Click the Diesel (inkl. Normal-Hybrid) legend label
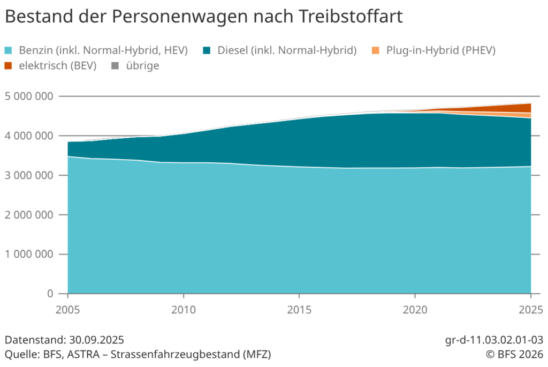(x=287, y=51)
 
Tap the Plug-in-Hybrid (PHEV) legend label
(x=441, y=51)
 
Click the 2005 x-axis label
(x=68, y=310)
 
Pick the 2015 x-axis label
(x=299, y=310)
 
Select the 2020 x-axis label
(x=415, y=310)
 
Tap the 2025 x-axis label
(x=530, y=310)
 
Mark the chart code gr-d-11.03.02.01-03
(x=493, y=340)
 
